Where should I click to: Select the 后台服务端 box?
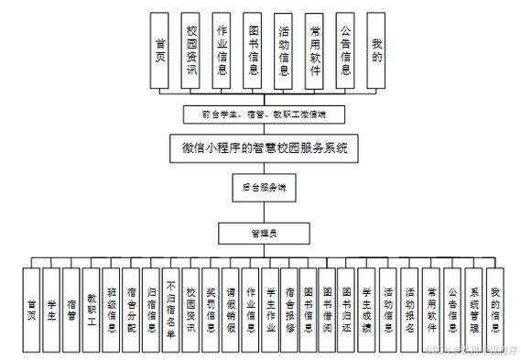pos(263,187)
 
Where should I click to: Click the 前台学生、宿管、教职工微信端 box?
pos(263,115)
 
